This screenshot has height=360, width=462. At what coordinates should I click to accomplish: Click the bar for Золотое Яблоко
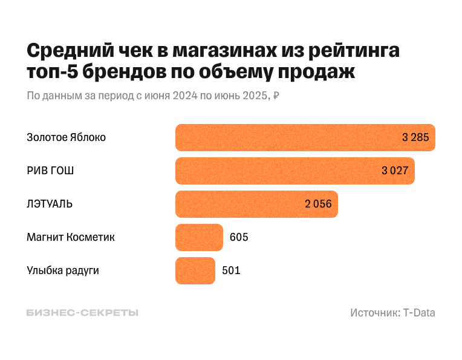284,137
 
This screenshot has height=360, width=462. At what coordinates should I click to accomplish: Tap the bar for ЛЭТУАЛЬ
239,204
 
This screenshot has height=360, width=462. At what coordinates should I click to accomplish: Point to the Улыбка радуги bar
195,270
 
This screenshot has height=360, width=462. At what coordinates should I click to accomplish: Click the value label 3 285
415,137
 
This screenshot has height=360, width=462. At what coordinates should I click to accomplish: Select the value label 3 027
395,171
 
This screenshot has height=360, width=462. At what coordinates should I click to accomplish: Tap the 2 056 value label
318,204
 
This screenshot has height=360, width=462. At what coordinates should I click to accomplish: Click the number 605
239,237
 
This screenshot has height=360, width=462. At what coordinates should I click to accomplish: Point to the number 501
231,270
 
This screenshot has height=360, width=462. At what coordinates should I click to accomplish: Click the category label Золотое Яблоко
67,137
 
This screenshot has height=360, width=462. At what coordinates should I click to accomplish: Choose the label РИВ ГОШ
50,171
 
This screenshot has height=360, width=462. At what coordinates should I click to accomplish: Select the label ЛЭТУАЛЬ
50,204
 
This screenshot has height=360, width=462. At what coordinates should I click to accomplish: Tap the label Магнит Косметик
71,237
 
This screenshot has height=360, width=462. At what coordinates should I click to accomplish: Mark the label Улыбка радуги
63,270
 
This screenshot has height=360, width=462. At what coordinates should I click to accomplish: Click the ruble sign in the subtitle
276,96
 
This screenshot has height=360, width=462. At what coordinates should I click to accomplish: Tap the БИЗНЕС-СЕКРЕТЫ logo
82,313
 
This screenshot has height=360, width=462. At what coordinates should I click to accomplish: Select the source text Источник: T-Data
392,313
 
